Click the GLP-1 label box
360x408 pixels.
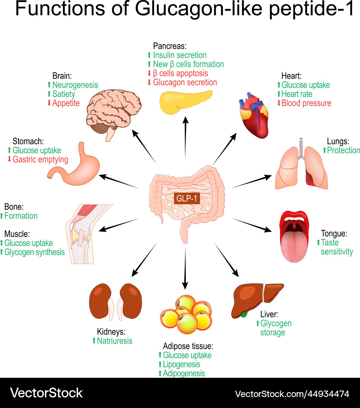click(187, 198)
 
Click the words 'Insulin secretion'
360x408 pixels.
click(179, 55)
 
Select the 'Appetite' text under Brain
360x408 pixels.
click(66, 103)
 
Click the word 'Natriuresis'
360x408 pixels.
click(115, 341)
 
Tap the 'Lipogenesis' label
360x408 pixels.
click(181, 364)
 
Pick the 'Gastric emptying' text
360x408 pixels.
click(40, 159)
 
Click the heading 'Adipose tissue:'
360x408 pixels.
click(188, 346)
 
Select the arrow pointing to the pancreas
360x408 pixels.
click(185, 138)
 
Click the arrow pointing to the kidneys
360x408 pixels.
click(144, 261)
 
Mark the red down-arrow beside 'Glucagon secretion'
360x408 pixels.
click(149, 82)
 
